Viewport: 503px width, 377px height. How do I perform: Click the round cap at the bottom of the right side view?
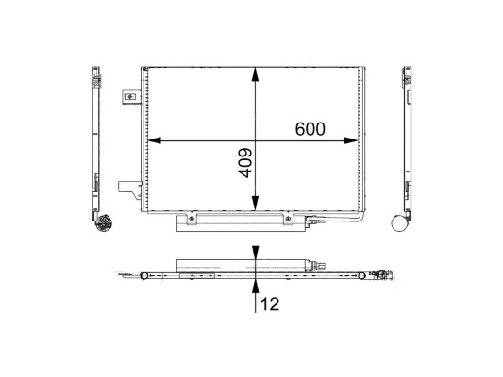tap(404, 223)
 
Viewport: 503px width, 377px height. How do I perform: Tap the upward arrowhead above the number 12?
tap(256, 284)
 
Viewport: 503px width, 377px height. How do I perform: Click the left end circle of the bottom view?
tap(141, 275)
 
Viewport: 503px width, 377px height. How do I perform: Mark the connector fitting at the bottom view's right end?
tap(379, 275)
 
